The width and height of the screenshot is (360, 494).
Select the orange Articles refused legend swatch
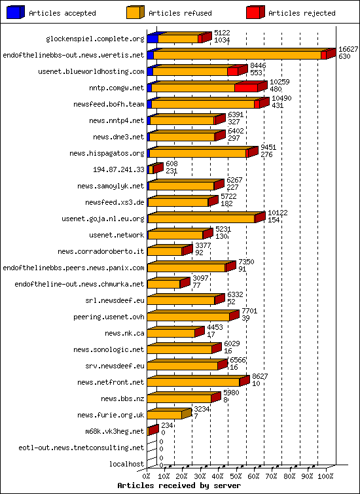pos(135,12)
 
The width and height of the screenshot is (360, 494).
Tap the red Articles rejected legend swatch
pos(255,12)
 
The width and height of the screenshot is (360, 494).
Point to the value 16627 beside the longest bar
pos(348,49)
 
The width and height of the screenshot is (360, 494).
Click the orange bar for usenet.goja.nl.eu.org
pos(202,219)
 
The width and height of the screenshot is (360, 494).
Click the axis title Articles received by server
pos(179,486)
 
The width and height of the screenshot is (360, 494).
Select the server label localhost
pos(127,464)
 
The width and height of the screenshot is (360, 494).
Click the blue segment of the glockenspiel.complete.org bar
pos(152,39)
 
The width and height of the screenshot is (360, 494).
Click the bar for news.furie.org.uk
pos(165,415)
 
